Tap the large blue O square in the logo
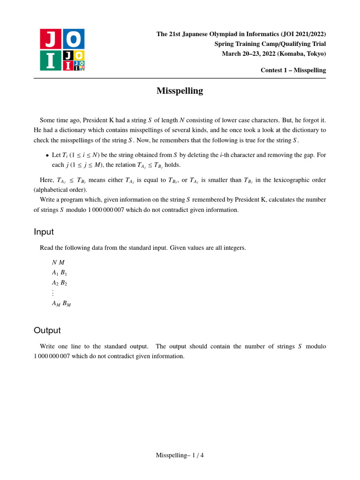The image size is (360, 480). point(74,38)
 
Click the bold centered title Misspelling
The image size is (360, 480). point(180,91)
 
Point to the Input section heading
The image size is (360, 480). point(44,232)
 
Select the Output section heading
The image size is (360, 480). point(47,330)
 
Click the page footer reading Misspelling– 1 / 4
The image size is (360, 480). point(180,455)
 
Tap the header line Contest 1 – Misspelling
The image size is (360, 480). point(293,70)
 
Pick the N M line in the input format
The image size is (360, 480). point(58,262)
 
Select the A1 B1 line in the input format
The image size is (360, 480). point(60,272)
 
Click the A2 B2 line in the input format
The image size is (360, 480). point(60,283)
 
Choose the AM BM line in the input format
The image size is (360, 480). point(61,303)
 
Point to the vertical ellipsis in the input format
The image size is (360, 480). point(53,293)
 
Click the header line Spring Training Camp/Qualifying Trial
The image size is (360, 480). point(270,44)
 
